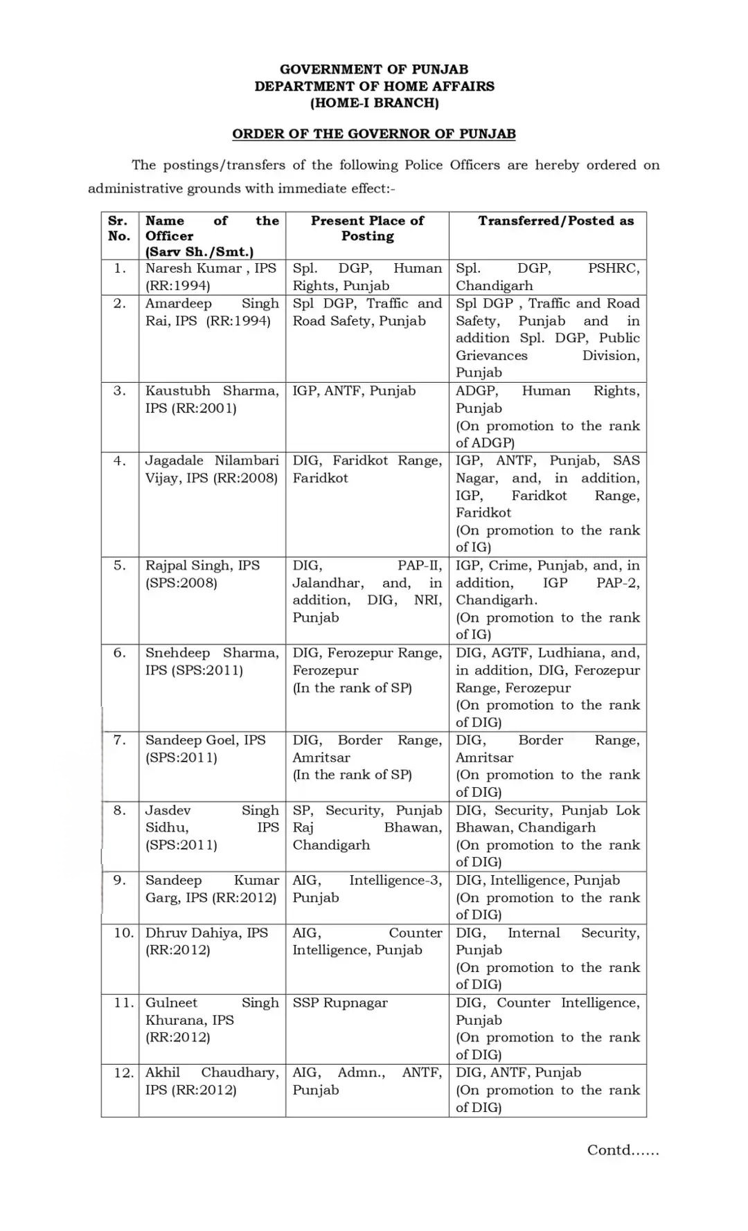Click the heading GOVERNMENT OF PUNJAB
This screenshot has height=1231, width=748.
click(374, 69)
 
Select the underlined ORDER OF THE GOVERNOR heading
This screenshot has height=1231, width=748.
click(374, 134)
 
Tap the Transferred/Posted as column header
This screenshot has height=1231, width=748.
click(555, 221)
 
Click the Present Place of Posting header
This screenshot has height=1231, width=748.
click(367, 228)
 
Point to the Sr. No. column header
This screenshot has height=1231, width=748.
click(119, 228)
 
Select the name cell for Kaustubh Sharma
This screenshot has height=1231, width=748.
click(211, 399)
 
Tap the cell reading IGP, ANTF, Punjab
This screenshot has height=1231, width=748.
click(354, 390)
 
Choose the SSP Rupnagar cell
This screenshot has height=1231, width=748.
click(340, 1003)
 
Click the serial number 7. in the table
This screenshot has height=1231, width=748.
click(120, 740)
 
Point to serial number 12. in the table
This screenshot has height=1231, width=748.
click(123, 1072)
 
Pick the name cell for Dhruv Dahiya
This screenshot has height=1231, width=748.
click(206, 941)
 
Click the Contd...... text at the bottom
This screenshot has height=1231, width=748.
click(623, 1150)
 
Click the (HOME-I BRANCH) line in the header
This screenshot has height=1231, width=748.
click(374, 103)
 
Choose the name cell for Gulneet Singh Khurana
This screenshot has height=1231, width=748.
click(211, 1019)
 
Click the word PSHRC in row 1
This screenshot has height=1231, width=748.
click(614, 269)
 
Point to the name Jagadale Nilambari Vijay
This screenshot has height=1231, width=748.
click(211, 469)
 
